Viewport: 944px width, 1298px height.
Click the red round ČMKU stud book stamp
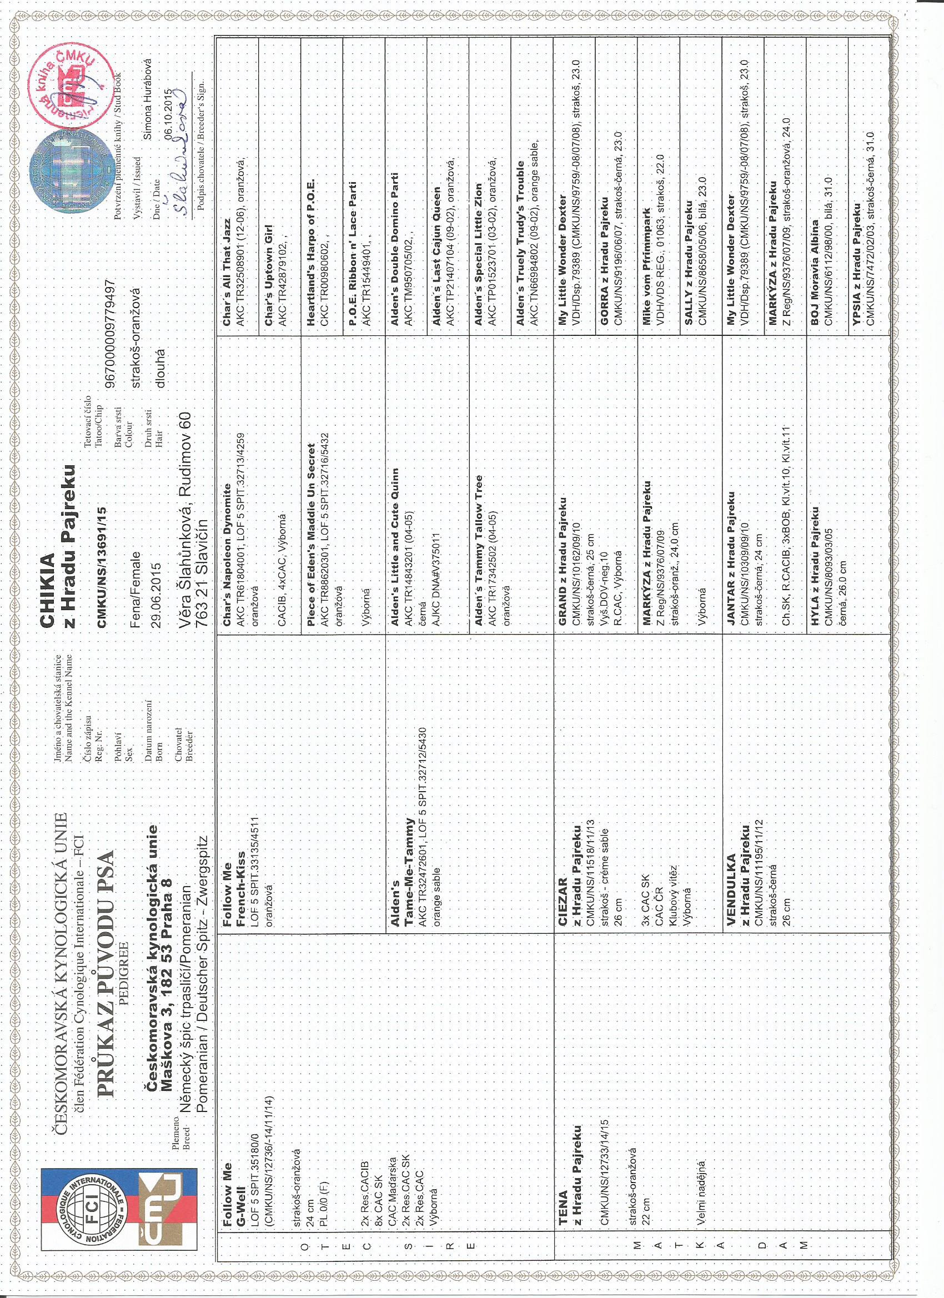coord(74,86)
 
